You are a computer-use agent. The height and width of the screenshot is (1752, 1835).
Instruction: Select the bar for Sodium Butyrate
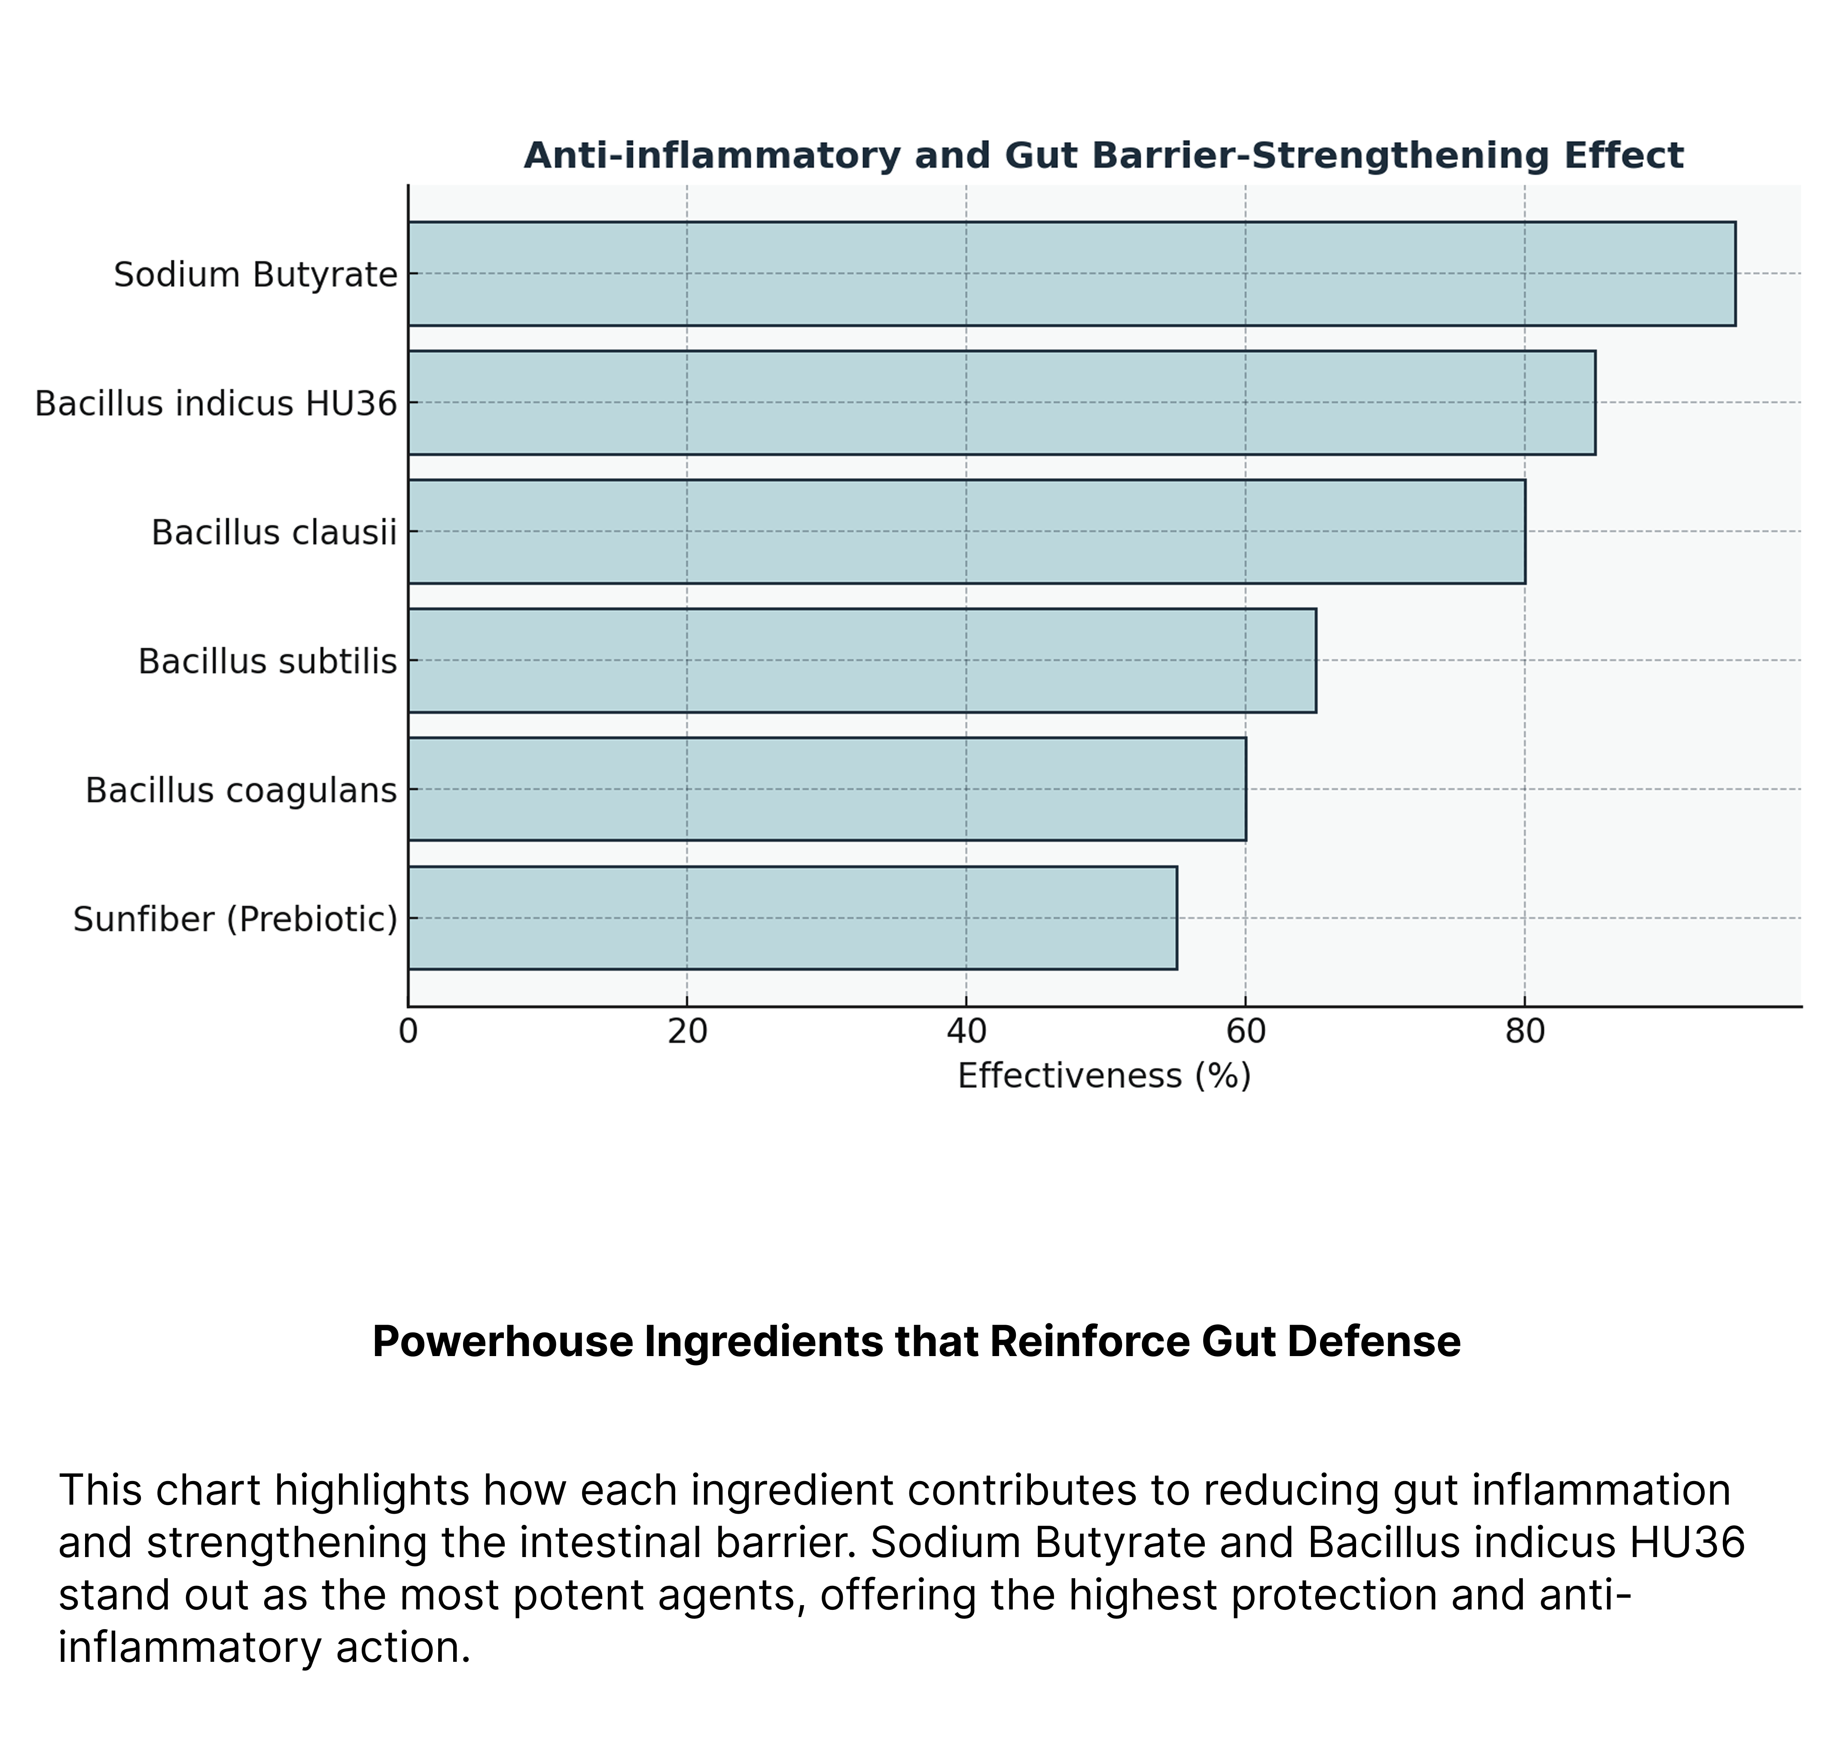(x=1071, y=274)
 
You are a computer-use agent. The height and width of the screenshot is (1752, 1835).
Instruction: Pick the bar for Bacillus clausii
(x=966, y=531)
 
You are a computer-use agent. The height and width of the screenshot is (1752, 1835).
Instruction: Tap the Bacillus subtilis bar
(x=861, y=660)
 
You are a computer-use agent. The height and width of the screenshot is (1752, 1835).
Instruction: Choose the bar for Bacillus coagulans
(x=827, y=789)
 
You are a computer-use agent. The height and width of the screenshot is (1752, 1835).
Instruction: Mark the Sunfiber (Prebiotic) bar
(x=793, y=918)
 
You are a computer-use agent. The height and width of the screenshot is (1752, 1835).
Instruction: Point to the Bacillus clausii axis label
(x=274, y=532)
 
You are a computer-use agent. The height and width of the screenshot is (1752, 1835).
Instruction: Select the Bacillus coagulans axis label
(x=241, y=790)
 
